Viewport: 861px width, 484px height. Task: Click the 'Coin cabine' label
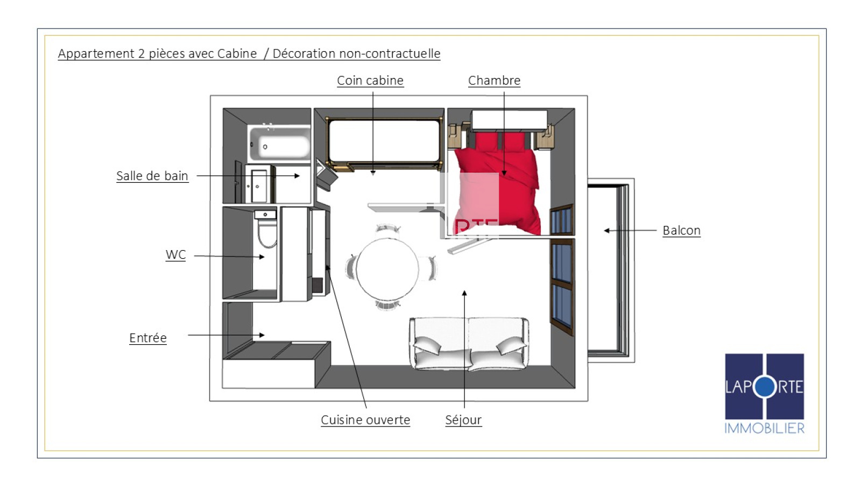370,81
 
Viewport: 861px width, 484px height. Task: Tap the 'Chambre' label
494,81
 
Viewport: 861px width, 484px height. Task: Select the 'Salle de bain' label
152,176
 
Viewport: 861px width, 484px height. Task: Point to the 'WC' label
175,255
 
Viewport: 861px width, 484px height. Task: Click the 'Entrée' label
148,338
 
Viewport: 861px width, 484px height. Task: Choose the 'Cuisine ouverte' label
365,420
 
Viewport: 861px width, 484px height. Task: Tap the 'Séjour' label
463,420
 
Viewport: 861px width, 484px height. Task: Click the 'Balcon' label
681,231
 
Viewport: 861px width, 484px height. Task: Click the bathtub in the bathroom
279,144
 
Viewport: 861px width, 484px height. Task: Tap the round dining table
387,268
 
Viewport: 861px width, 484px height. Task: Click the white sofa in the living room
469,344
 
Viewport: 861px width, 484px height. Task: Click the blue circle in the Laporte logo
765,387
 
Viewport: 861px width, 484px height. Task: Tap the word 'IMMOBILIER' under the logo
764,428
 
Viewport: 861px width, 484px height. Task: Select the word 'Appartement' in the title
96,54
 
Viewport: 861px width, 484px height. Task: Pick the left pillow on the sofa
427,345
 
